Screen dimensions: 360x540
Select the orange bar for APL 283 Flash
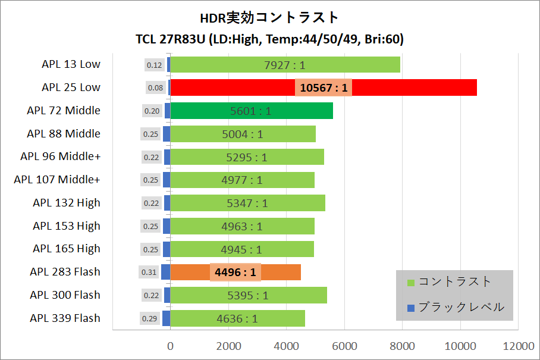coord(280,272)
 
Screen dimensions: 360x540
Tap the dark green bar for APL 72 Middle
coord(297,111)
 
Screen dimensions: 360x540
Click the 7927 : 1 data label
coord(284,65)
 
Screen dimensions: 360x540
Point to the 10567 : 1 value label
coord(324,87)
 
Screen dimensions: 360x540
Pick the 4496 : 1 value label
coord(236,272)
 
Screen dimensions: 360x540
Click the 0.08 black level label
coord(155,88)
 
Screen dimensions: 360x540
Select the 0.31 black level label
coord(149,273)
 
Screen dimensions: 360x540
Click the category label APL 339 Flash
coord(65,318)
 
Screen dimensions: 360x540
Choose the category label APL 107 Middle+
coord(57,179)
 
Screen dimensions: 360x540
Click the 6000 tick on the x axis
coord(344,346)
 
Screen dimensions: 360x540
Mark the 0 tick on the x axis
coord(171,346)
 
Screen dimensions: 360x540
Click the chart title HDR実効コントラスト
coord(269,18)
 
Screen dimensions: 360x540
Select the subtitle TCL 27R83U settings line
coord(269,40)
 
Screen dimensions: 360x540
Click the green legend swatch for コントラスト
coord(410,282)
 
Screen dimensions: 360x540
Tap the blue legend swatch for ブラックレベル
coord(410,308)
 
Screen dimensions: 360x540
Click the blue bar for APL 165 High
coord(167,249)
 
